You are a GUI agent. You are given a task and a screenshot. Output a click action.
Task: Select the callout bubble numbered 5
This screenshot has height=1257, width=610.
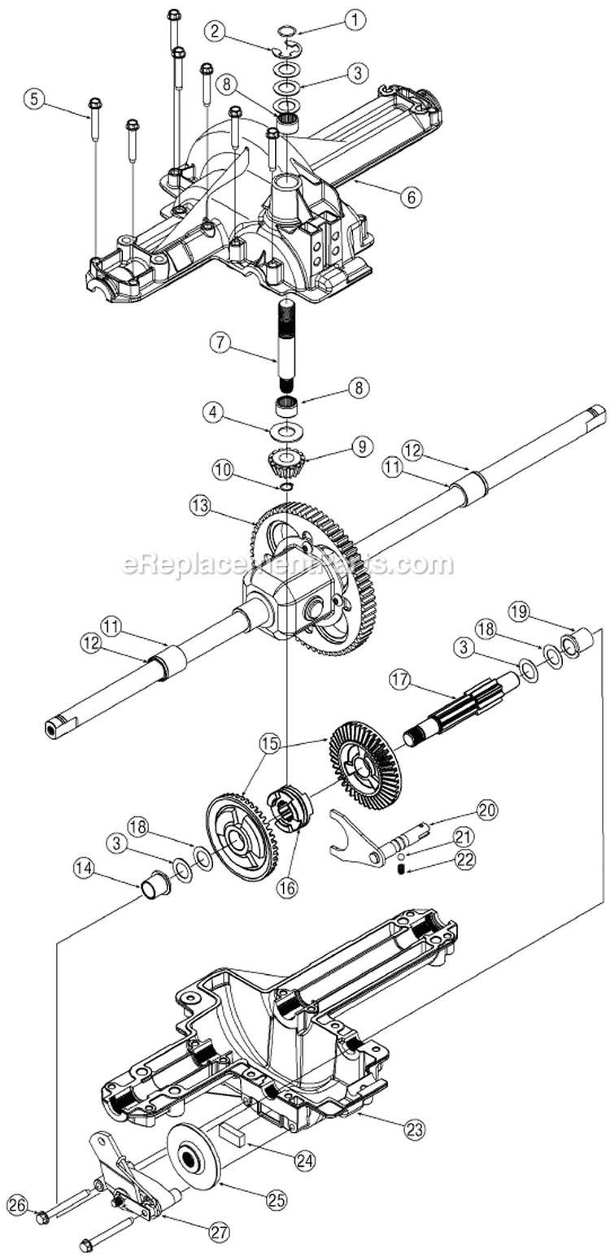[x=35, y=99]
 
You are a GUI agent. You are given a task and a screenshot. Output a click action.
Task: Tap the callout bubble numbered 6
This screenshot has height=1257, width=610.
[x=411, y=195]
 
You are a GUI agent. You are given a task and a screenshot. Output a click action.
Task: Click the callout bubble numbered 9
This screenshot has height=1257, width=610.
[x=361, y=446]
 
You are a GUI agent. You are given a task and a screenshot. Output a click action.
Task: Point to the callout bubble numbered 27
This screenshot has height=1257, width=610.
[x=217, y=1232]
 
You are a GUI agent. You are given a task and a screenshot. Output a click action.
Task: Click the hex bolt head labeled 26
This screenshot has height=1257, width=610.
[x=43, y=1217]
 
